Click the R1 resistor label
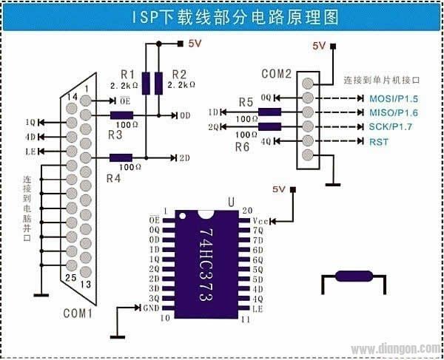point(127,75)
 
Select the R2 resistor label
point(178,75)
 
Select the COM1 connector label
point(77,313)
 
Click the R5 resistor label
point(246,102)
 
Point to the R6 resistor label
point(243,147)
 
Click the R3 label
point(114,135)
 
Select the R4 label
point(113,178)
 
